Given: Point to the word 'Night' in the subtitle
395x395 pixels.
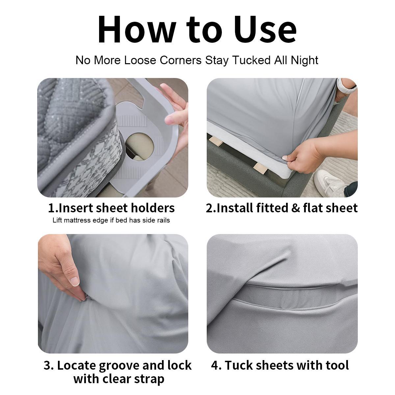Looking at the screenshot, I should (x=304, y=60).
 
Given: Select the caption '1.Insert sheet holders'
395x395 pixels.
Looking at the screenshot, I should (x=111, y=208).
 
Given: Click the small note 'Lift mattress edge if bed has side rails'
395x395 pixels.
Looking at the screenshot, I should (x=111, y=220).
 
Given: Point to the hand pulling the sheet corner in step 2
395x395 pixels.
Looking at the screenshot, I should (x=304, y=155).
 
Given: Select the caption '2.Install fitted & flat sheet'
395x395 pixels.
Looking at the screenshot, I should (x=282, y=208).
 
